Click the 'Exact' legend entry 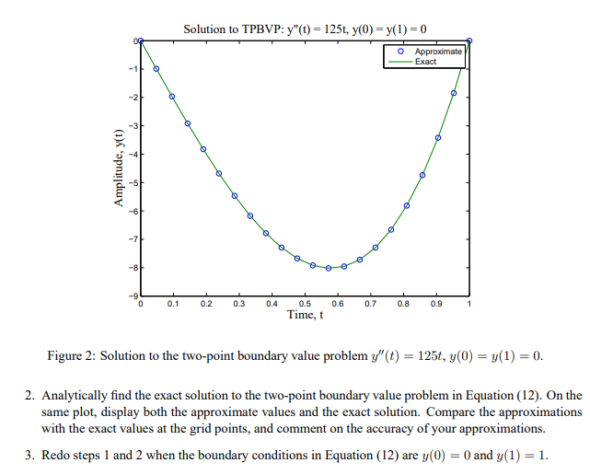[x=426, y=62]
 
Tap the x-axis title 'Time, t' [x=305, y=316]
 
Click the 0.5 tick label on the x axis [x=305, y=303]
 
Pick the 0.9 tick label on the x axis [x=436, y=303]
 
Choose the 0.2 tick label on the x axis [x=205, y=303]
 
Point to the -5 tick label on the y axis [x=133, y=183]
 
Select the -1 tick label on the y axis [x=133, y=70]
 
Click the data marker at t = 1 [x=469, y=41]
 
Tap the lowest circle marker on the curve [x=329, y=268]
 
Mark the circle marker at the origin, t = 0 [x=140, y=41]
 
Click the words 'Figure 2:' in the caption [x=71, y=356]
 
